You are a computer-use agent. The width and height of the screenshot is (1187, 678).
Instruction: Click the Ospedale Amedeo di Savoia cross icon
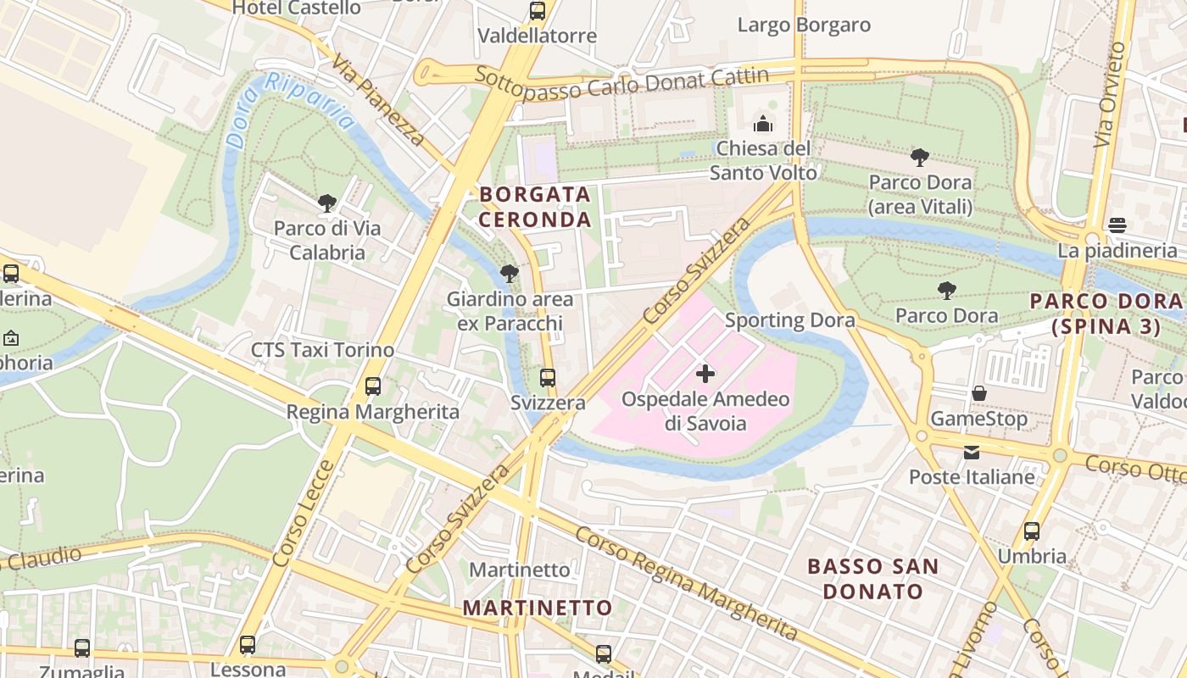705,374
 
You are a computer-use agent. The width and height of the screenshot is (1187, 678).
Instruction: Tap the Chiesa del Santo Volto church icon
763,124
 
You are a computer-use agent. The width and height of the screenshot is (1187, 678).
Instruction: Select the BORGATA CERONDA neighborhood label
535,207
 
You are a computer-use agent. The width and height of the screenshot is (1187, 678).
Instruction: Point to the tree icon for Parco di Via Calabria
327,203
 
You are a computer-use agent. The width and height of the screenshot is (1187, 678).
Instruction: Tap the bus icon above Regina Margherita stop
373,386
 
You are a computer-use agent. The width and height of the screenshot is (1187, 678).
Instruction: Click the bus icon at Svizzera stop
548,378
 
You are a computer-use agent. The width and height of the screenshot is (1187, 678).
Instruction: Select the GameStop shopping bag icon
978,393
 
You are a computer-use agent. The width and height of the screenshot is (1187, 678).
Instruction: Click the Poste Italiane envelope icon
972,453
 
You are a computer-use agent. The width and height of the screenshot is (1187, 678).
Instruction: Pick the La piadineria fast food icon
1117,225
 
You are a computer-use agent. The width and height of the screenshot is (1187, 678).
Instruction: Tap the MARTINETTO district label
538,608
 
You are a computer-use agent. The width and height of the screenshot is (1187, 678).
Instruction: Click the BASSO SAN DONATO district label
872,579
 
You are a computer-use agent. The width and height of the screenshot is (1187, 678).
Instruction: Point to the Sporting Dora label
789,320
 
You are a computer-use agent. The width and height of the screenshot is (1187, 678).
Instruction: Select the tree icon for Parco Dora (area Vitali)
920,157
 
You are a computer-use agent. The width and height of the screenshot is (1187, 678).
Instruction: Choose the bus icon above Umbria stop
1032,531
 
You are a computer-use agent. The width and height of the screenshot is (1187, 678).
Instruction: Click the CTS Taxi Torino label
322,350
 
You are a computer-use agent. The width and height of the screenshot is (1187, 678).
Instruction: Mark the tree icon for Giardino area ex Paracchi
510,274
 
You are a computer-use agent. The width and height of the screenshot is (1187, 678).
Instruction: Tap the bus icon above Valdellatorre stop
538,11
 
